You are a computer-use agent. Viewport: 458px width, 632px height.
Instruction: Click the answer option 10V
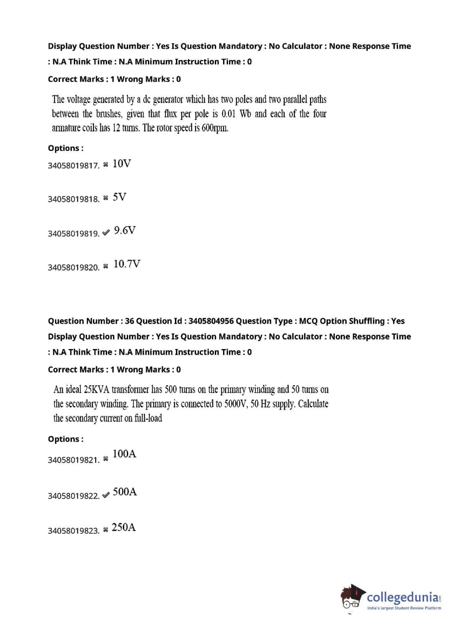[x=121, y=164]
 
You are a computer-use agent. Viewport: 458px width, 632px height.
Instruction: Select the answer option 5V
[x=120, y=197]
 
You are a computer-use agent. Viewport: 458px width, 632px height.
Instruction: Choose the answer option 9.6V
[x=125, y=231]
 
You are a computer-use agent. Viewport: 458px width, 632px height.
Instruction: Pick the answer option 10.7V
[x=127, y=264]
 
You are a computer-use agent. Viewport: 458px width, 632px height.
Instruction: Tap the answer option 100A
[x=124, y=454]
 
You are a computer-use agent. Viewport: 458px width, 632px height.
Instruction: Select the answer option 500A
[x=125, y=492]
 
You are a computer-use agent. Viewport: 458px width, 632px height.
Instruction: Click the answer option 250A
[x=124, y=527]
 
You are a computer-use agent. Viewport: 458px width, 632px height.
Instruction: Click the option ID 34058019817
[x=73, y=166]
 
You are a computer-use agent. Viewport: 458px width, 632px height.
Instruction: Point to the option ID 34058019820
[x=73, y=267]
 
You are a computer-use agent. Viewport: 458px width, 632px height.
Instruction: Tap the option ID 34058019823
[x=73, y=531]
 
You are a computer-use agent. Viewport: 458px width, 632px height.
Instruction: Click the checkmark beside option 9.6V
[x=106, y=233]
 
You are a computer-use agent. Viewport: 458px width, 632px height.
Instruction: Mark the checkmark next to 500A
[x=106, y=495]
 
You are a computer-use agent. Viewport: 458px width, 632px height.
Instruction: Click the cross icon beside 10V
[x=106, y=164]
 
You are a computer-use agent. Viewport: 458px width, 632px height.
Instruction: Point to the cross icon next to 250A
[x=106, y=530]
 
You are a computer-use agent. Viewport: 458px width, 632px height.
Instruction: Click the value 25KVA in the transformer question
[x=97, y=390]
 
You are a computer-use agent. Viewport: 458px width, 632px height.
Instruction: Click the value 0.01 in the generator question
[x=228, y=114]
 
